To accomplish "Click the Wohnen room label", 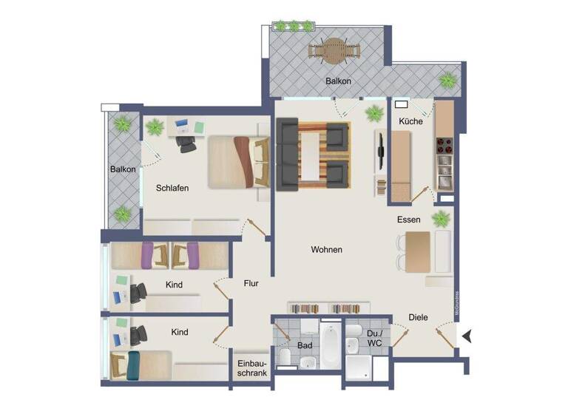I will pos(326,250).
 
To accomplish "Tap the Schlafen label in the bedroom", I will pos(172,188).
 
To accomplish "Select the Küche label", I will pos(410,121).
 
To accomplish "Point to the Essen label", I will pos(408,220).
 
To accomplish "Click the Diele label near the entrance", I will pos(418,317).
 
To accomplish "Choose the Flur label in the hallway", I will pos(251,282).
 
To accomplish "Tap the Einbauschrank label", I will pos(251,367).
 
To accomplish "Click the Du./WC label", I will pos(375,338).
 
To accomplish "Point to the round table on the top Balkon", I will pos(336,49).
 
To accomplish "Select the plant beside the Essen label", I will pos(441,218).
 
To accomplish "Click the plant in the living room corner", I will pos(375,113).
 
